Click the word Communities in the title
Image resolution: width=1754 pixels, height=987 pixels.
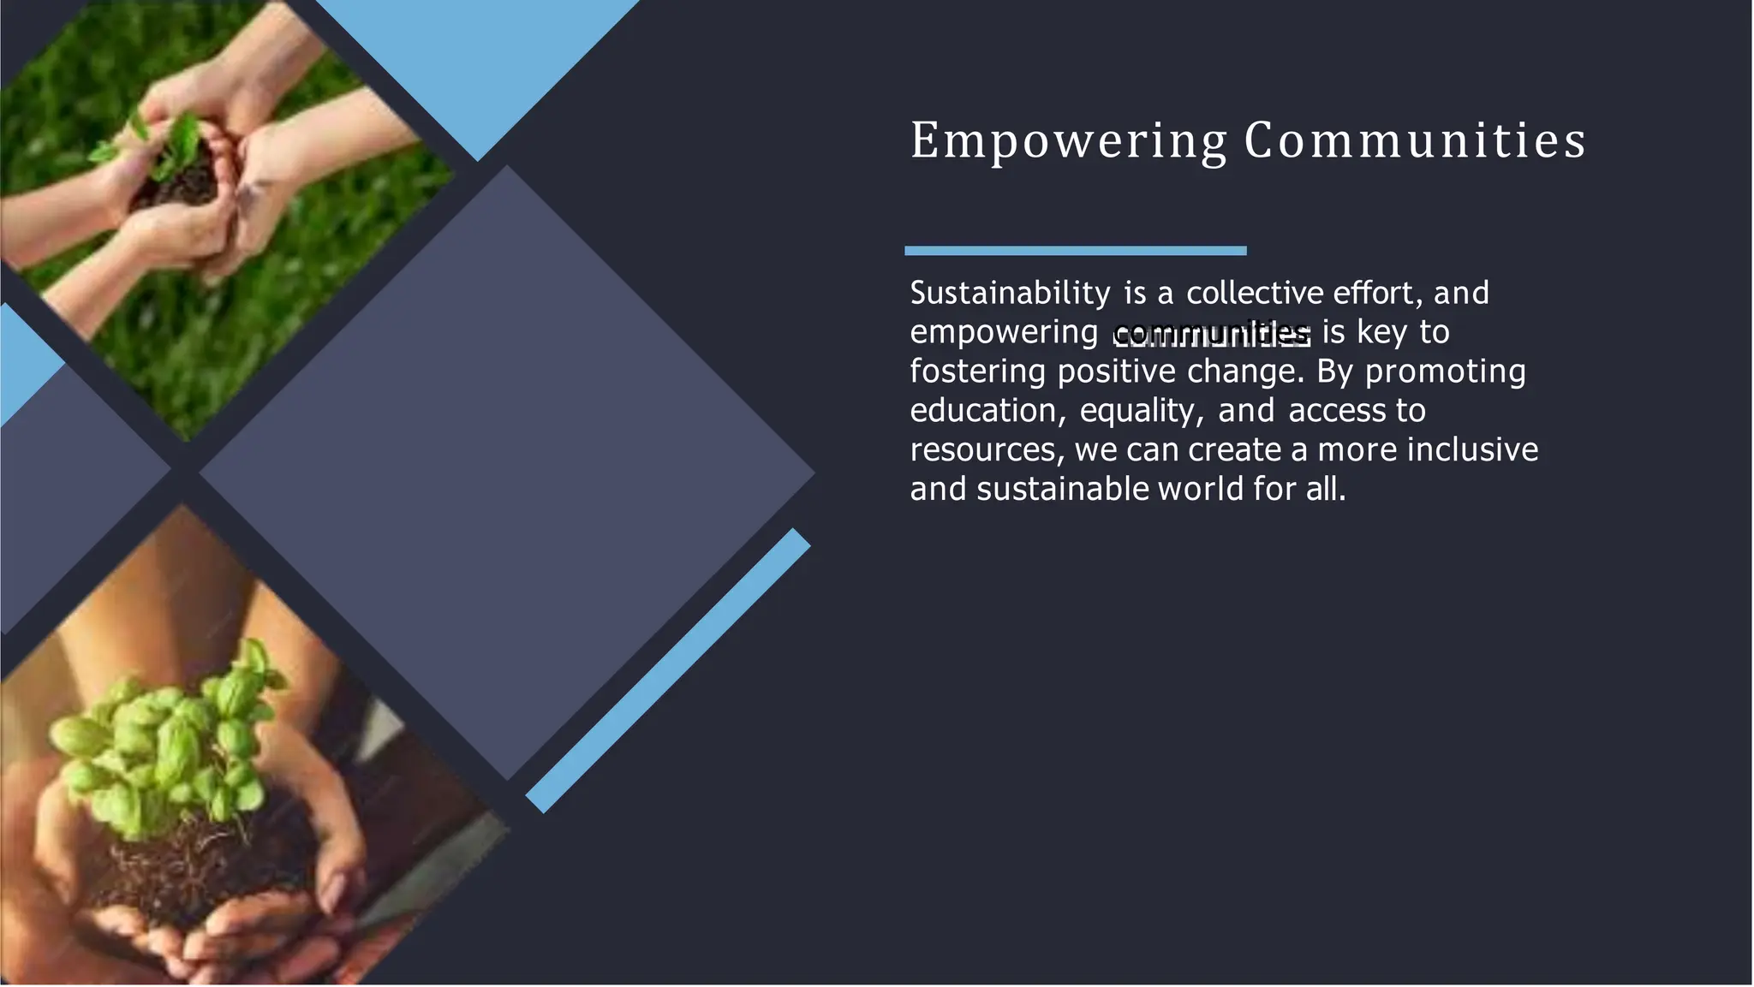(1415, 140)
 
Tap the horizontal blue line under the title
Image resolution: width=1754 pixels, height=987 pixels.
(1075, 251)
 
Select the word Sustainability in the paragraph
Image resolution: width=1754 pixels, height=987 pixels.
(1010, 294)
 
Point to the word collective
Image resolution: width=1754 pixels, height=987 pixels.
(1255, 294)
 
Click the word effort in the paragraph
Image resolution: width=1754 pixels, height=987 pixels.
(1373, 294)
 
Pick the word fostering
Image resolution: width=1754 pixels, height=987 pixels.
(977, 372)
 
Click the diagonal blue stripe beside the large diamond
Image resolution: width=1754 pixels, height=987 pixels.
(668, 670)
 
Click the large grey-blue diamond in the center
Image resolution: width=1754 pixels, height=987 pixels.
(507, 473)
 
